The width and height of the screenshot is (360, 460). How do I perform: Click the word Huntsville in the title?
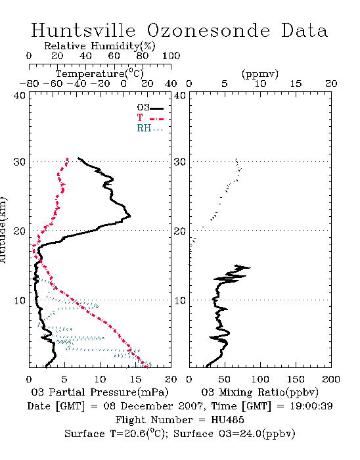click(x=83, y=30)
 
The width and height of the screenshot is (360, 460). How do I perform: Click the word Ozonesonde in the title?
click(x=208, y=30)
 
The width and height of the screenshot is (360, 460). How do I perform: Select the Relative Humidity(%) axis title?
click(x=100, y=46)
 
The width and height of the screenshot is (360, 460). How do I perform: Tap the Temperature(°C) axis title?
click(x=100, y=74)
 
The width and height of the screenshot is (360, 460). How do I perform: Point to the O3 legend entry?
click(x=150, y=108)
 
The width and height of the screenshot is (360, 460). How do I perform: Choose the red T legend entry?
click(x=150, y=118)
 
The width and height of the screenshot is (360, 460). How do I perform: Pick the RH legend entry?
click(x=150, y=128)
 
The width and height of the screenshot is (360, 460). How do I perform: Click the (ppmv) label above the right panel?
click(x=260, y=74)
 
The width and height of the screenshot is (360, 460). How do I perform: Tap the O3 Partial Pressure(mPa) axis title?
click(x=100, y=392)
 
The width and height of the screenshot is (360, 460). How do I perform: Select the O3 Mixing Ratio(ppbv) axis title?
click(x=259, y=392)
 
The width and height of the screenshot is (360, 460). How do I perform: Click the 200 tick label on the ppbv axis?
click(x=331, y=379)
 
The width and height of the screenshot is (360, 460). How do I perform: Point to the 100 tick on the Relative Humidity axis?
click(x=171, y=56)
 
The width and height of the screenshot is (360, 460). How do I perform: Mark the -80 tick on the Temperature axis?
click(x=29, y=83)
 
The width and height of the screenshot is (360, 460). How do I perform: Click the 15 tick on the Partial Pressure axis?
click(x=135, y=379)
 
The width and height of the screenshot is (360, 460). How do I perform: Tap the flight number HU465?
click(x=227, y=420)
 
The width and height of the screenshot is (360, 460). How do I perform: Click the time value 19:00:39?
click(x=311, y=406)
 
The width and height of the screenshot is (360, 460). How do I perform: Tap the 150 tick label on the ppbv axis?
click(x=296, y=379)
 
